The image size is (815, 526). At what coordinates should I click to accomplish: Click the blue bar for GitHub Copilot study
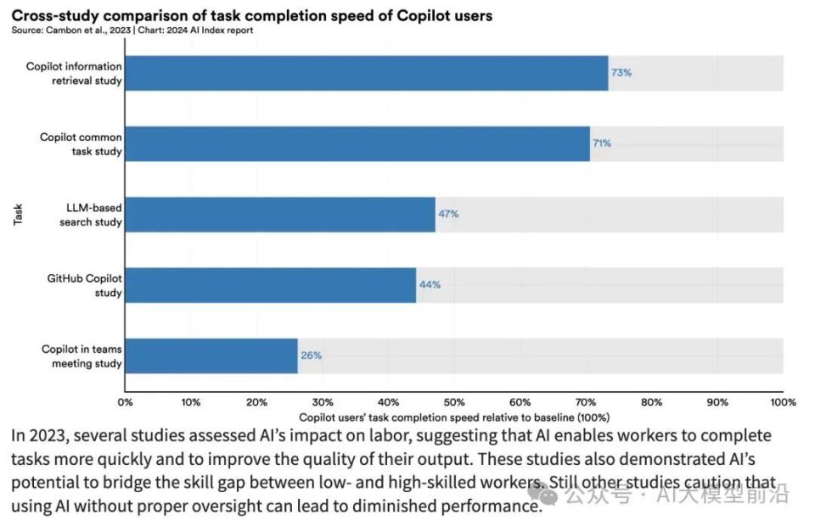tap(271, 285)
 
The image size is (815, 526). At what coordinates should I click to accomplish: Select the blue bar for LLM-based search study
tap(280, 215)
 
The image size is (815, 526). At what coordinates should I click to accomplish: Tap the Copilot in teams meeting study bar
tap(211, 355)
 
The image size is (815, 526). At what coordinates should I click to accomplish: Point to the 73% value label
tap(621, 73)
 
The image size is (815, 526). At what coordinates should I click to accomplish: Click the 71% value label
tap(602, 143)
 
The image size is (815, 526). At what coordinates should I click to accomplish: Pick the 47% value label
tap(448, 215)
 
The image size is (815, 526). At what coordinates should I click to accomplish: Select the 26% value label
tap(311, 355)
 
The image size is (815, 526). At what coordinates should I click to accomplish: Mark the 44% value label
tap(430, 285)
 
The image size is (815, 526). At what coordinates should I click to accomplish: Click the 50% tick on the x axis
tap(454, 402)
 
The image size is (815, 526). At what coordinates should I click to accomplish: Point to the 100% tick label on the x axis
tap(782, 402)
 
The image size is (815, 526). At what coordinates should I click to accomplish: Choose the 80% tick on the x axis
tap(651, 402)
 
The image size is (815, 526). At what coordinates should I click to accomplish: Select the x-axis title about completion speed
tap(454, 417)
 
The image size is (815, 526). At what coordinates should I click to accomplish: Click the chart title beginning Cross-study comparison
tap(251, 16)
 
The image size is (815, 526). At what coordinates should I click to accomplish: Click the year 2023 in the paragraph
tap(47, 436)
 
